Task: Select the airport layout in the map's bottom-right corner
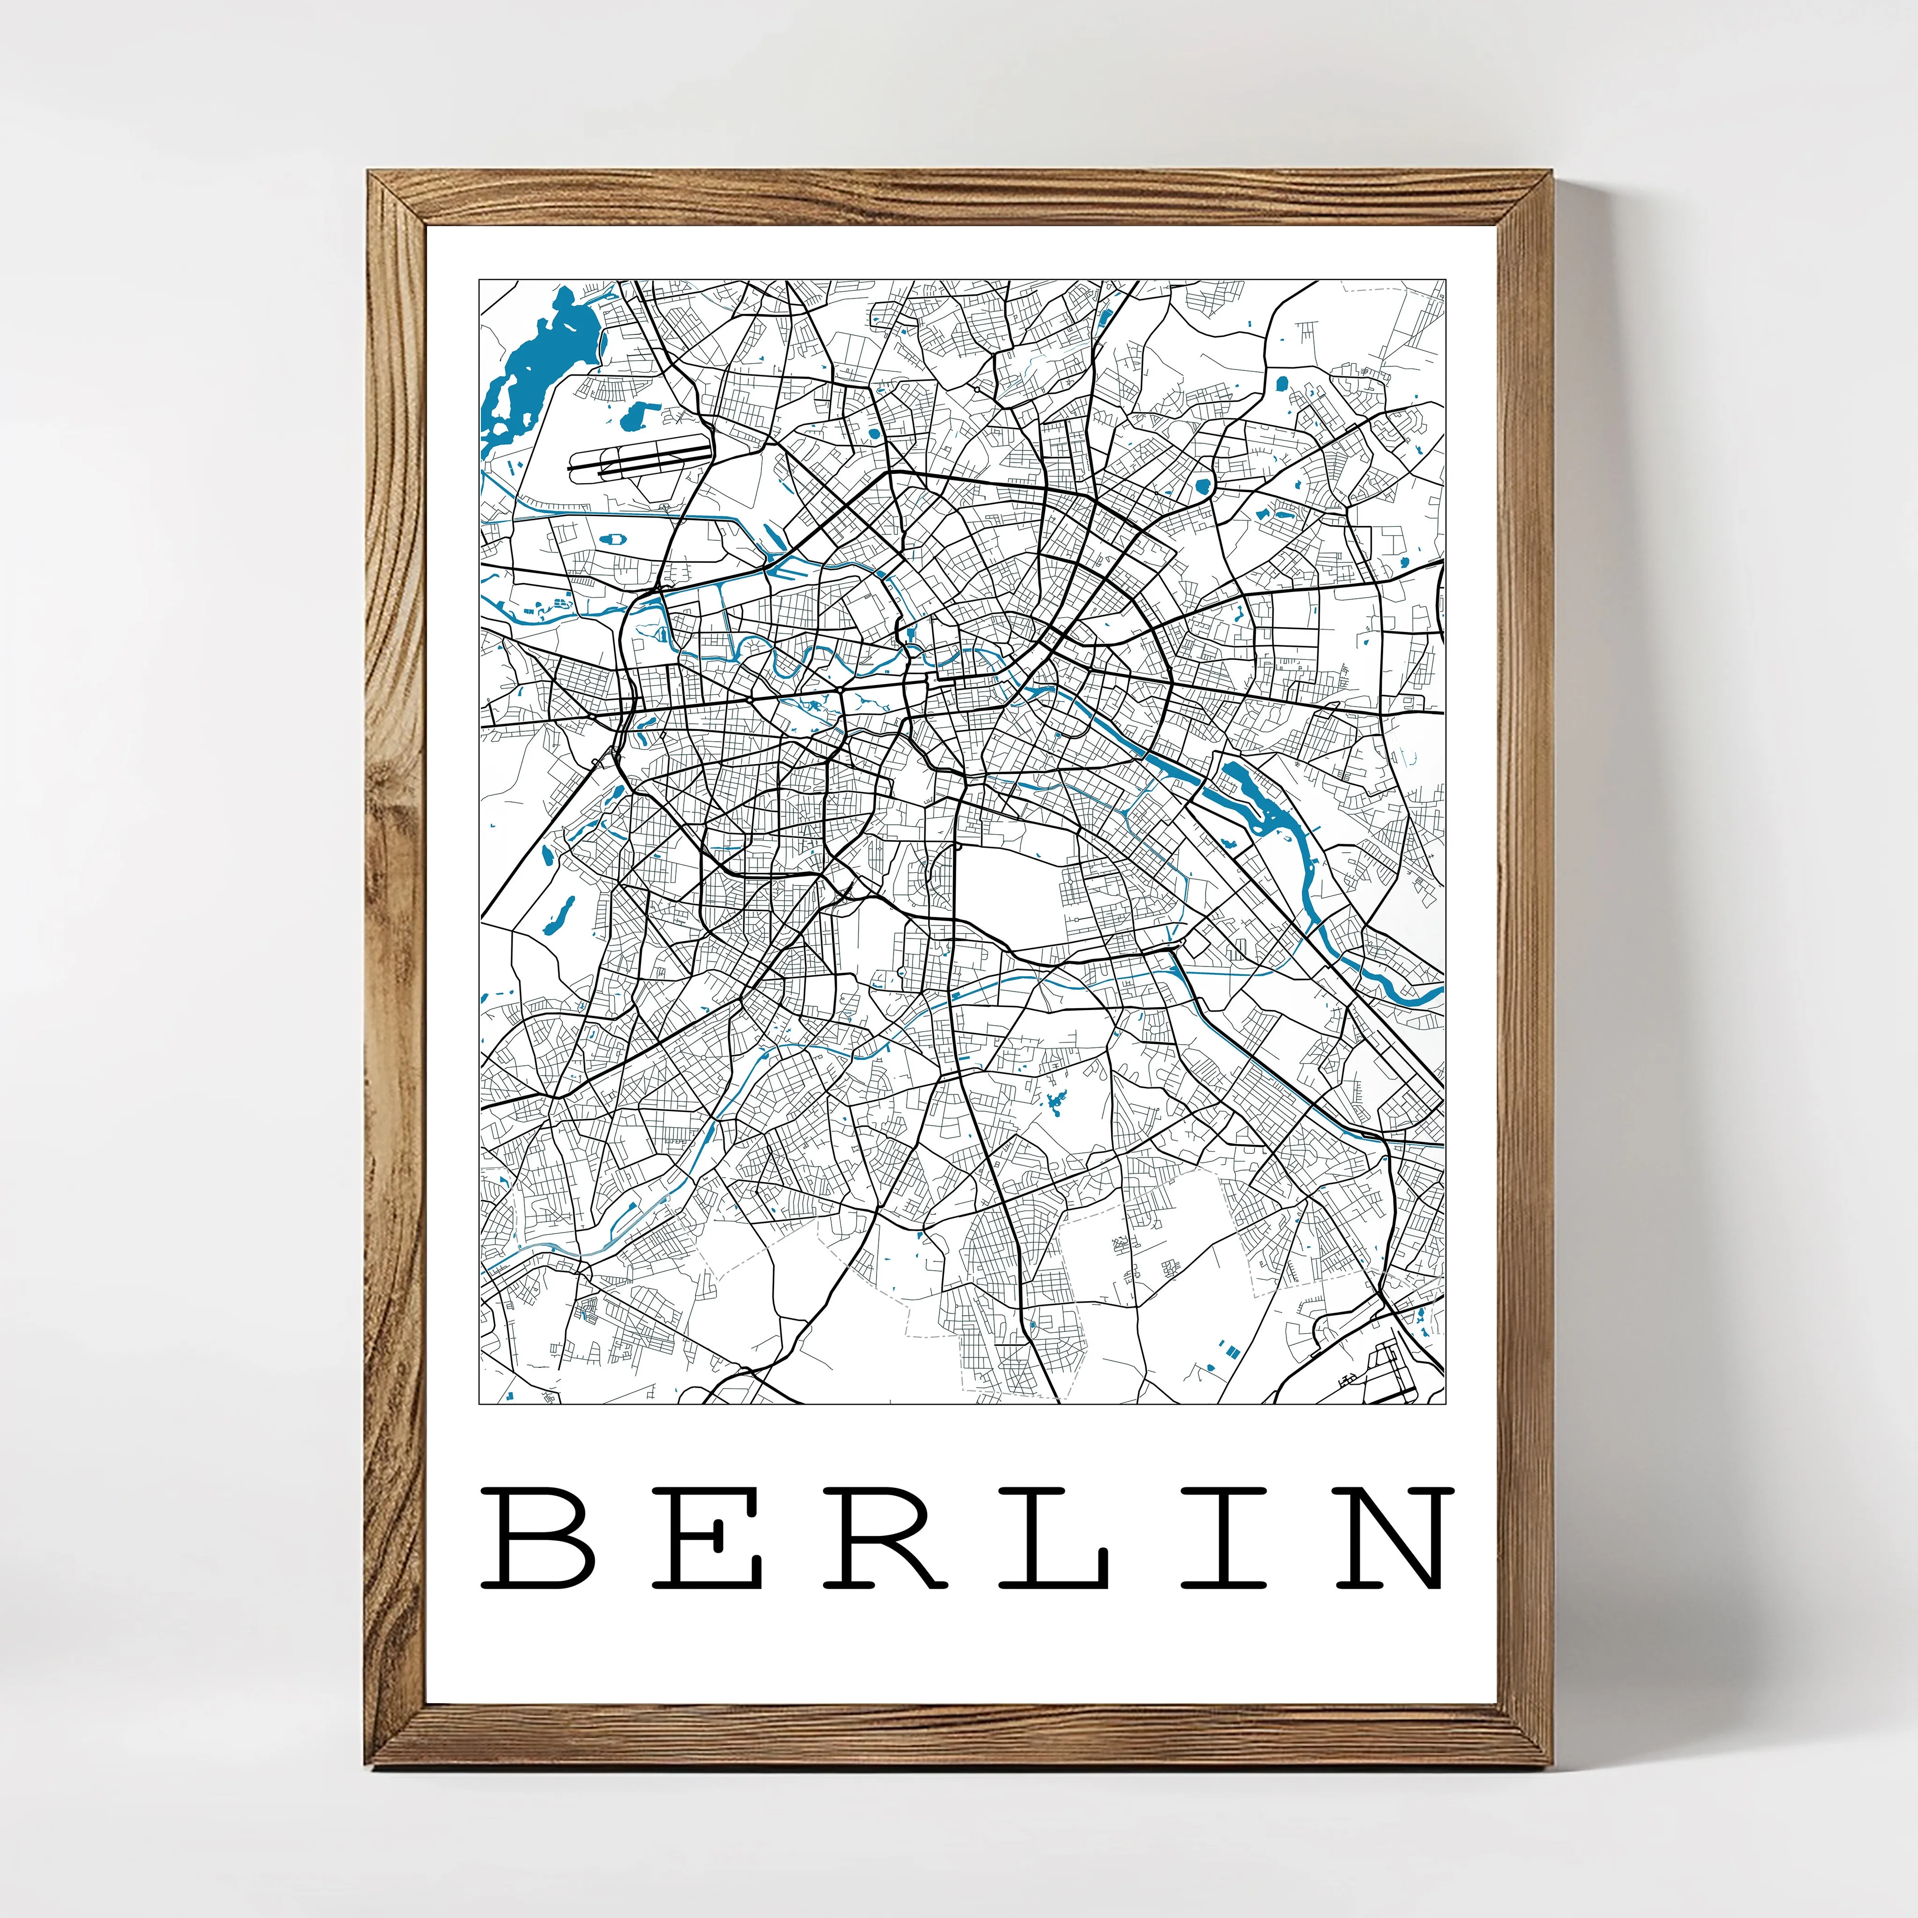(x=1390, y=1370)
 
